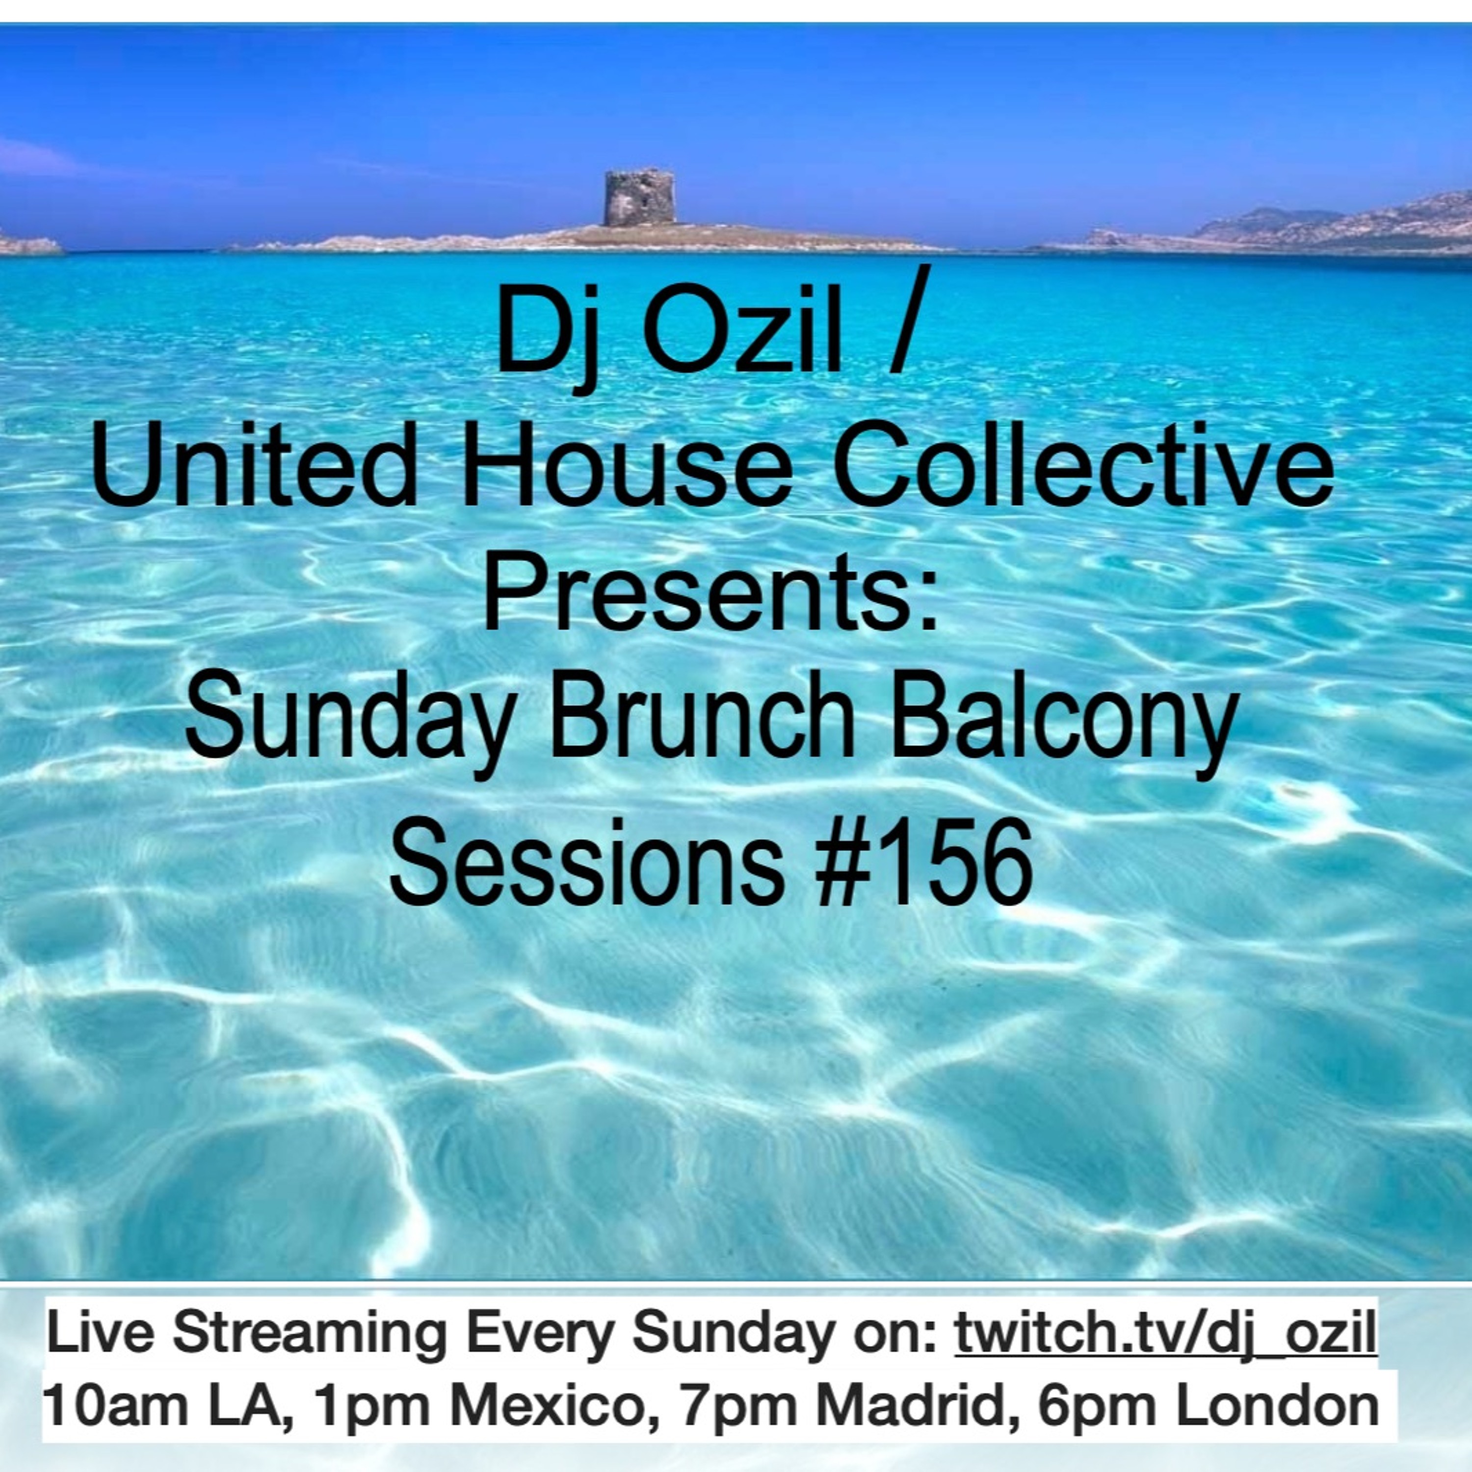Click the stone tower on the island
coord(639,197)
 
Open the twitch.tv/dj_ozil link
coord(1166,1333)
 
